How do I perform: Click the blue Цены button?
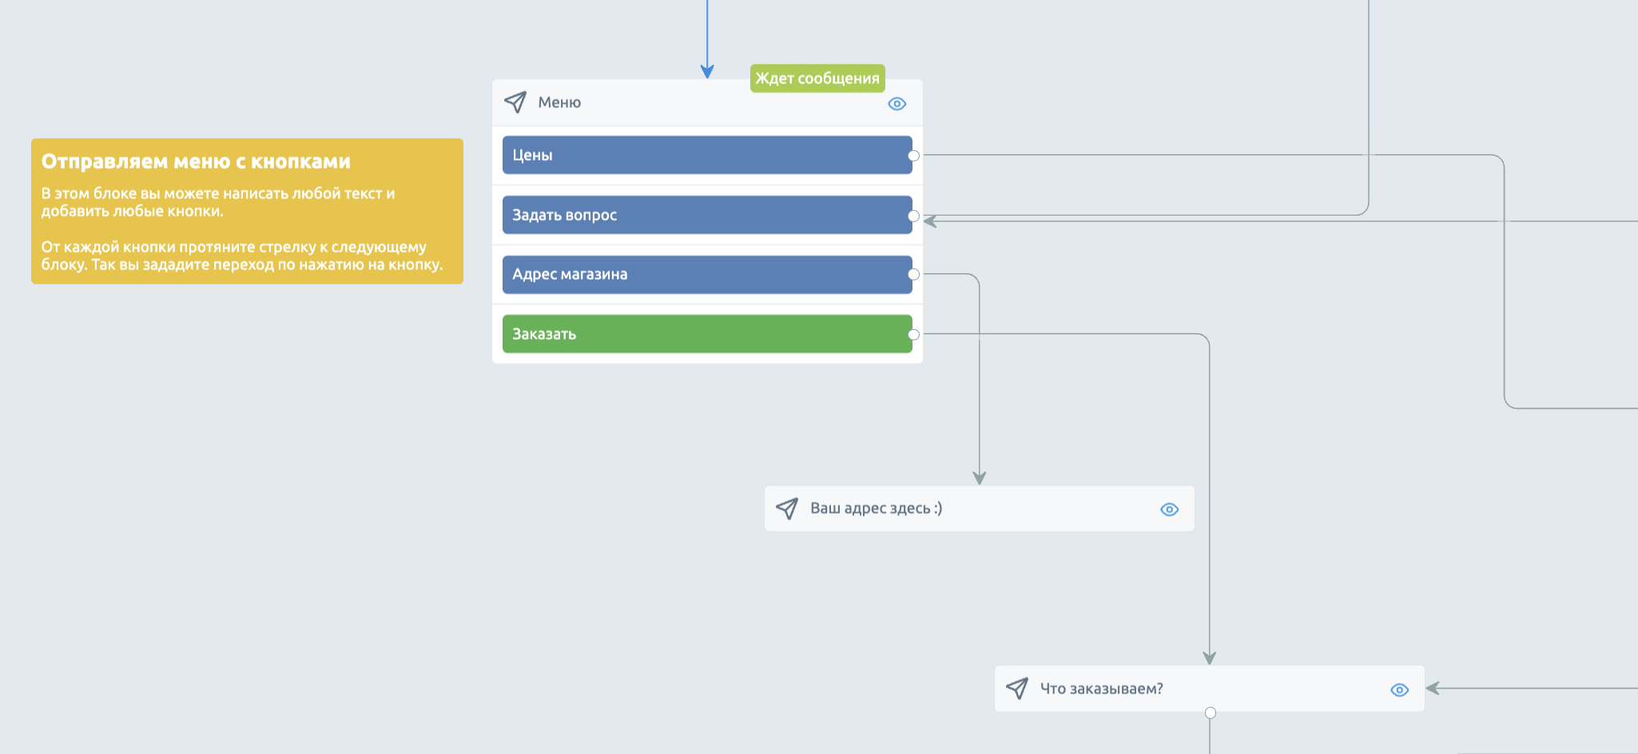707,155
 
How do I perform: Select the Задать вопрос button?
707,215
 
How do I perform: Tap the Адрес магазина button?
707,274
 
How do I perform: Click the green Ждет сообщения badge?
817,78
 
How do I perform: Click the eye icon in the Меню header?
897,104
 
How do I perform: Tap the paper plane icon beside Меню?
515,102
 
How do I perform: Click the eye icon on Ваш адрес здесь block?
1169,510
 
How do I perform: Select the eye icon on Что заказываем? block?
1399,690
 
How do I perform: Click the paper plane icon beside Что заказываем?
1017,689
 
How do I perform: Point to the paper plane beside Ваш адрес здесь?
787,508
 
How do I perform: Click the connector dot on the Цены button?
913,156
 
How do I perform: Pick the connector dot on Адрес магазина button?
913,275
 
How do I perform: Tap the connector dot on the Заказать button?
913,335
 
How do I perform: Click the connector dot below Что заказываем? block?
1211,712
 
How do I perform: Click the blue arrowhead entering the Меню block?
707,72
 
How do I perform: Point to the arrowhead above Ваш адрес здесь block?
979,478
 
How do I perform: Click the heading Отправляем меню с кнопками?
196,161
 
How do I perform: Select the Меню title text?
559,102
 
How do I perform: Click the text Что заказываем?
1101,689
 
